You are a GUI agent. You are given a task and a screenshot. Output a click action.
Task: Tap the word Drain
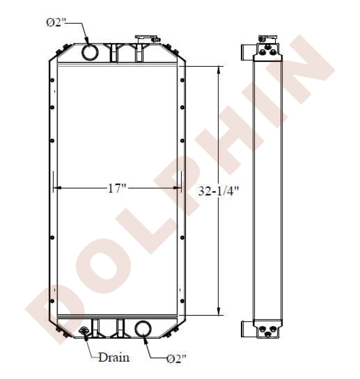(x=114, y=357)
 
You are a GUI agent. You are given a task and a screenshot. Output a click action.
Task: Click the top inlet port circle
(x=90, y=52)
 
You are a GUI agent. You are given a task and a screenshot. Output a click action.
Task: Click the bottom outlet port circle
(x=143, y=329)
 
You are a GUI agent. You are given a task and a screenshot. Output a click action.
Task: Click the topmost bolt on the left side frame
(x=52, y=80)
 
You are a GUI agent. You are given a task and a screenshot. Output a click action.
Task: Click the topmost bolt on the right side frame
(x=182, y=80)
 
